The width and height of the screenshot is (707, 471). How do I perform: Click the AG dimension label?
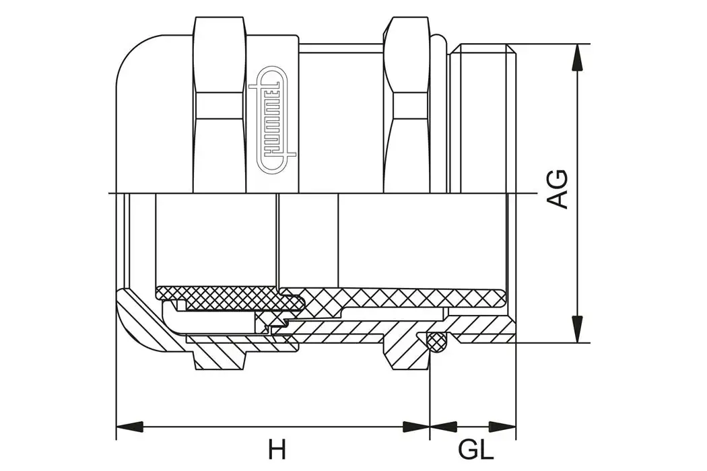tap(557, 189)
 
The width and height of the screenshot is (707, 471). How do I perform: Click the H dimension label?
tap(277, 449)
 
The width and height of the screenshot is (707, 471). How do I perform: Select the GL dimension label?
tap(476, 449)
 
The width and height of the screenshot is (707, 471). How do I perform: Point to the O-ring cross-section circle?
tap(438, 341)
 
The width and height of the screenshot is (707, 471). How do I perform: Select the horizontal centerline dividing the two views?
tap(323, 194)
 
